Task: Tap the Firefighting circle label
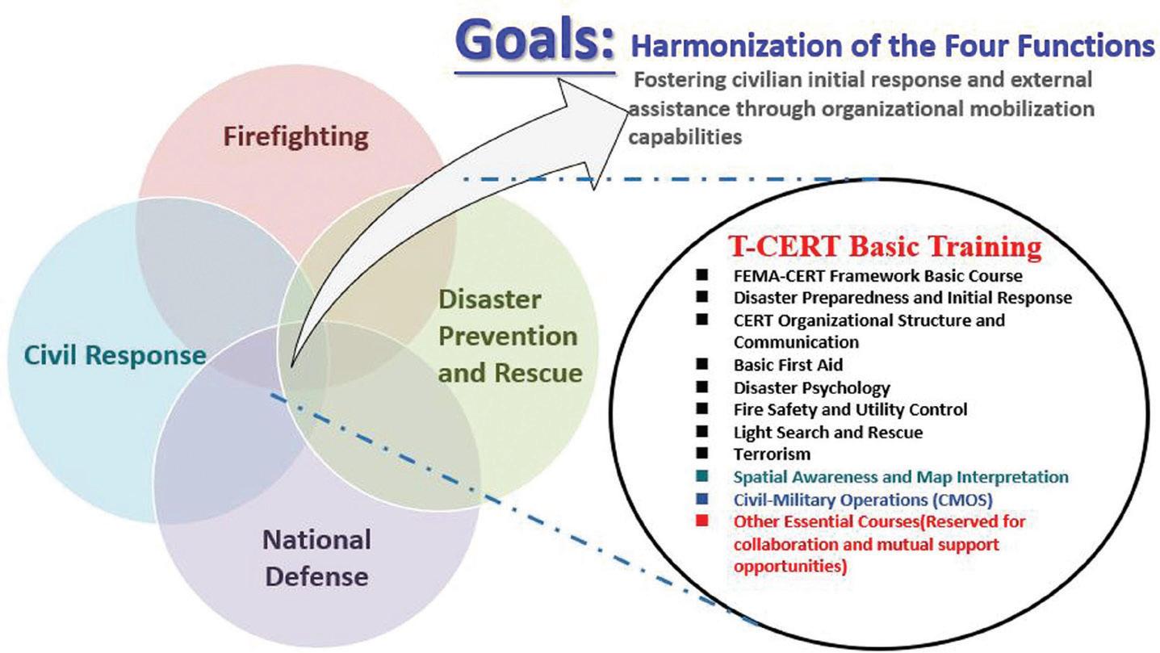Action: point(295,137)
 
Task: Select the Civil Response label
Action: point(115,355)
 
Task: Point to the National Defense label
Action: point(316,559)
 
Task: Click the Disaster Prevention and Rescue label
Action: point(510,337)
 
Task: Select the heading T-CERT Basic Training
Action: point(885,246)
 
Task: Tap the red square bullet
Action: point(702,521)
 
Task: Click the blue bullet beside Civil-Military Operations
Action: point(702,499)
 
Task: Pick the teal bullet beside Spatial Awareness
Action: point(702,476)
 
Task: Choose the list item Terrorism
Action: point(772,454)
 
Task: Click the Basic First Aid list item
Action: point(788,365)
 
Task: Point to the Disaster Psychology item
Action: point(811,388)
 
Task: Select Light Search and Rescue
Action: point(828,433)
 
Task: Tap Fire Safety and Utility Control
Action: point(850,409)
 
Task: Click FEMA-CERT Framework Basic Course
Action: point(877,275)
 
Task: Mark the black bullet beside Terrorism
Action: point(702,453)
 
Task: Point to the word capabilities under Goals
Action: point(685,137)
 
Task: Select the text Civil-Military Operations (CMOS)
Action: point(863,500)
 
